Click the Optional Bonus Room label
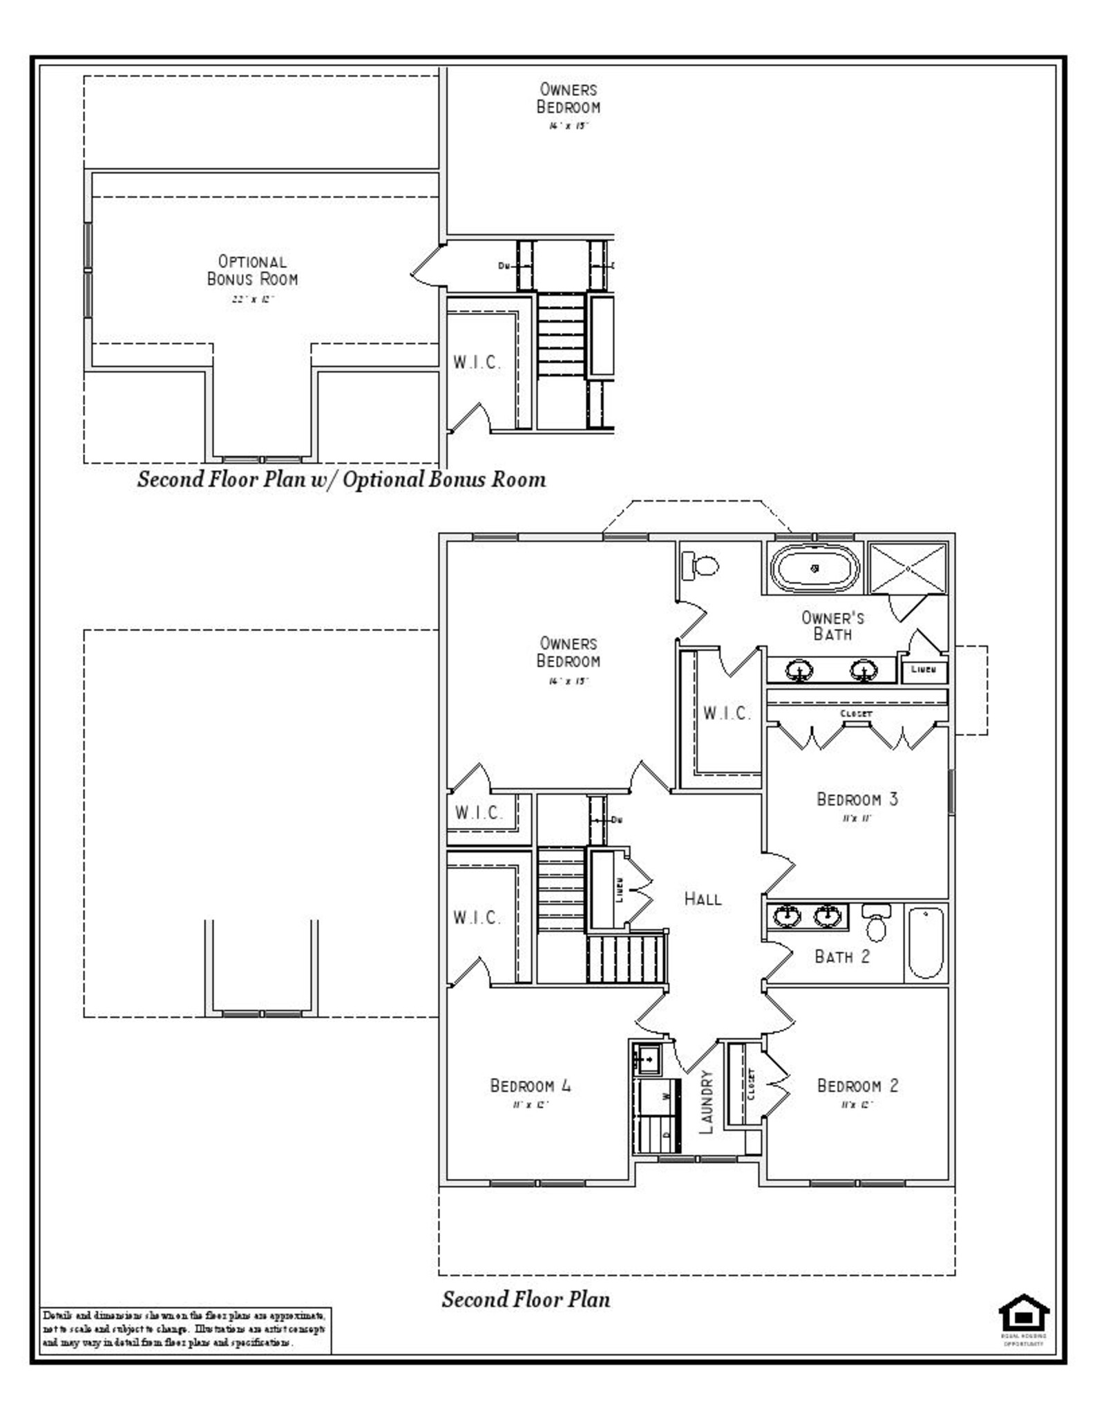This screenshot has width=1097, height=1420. click(252, 271)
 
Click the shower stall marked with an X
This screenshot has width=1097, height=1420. click(908, 568)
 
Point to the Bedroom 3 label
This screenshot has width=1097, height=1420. click(857, 799)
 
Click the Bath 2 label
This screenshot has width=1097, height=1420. click(841, 957)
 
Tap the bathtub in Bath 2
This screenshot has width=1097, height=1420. click(926, 944)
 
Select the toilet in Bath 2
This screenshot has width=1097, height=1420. click(876, 923)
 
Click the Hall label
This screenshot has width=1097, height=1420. click(703, 899)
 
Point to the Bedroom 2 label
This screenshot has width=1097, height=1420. click(857, 1086)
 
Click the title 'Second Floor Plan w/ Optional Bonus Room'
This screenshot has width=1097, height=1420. click(341, 480)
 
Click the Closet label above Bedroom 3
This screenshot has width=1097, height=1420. click(856, 713)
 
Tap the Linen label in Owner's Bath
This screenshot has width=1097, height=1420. click(923, 670)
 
